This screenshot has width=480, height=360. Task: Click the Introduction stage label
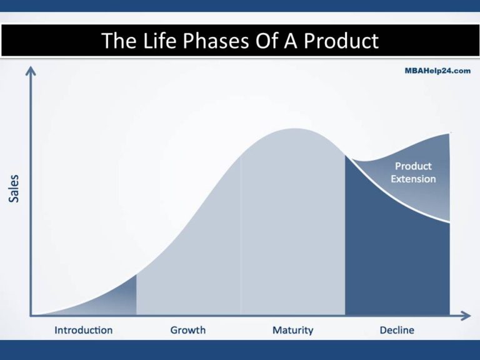84,329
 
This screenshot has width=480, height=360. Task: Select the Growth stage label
187,329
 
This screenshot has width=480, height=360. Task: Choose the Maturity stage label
292,329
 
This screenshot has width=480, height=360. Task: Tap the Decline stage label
397,329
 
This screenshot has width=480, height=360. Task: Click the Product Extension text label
412,172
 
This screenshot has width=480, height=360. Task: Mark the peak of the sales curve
292,129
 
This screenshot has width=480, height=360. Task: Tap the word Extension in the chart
412,179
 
